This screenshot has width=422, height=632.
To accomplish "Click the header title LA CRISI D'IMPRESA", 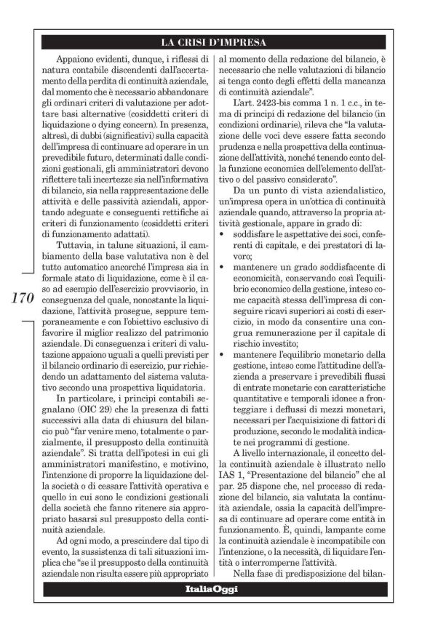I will [211, 41].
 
